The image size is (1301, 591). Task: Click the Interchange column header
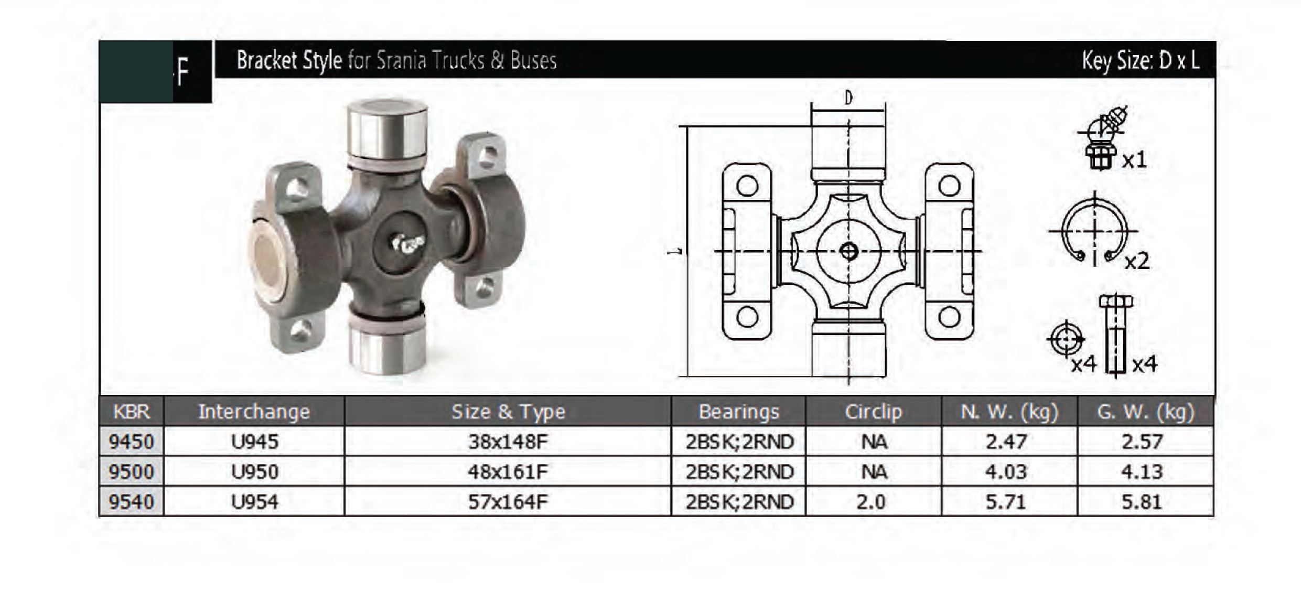tap(254, 411)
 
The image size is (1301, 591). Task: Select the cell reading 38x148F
tap(508, 442)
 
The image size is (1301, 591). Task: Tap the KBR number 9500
tap(131, 471)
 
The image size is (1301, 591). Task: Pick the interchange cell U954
tap(254, 502)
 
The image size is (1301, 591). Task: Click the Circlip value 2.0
tap(871, 502)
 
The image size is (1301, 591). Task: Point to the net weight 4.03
tap(1005, 471)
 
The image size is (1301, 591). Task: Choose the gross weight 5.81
tap(1142, 502)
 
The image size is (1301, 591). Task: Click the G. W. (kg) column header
tap(1145, 412)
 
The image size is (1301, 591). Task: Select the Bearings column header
tap(739, 412)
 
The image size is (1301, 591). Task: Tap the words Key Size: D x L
tap(1141, 61)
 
